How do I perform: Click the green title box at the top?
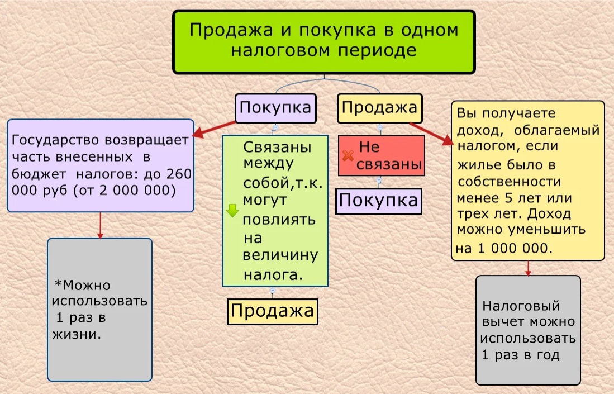tap(324, 42)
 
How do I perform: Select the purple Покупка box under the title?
tap(275, 108)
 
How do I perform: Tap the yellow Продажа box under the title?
tap(379, 108)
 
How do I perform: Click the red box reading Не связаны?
tap(382, 155)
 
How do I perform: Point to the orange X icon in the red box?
tap(348, 155)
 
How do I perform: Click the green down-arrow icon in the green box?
tap(232, 210)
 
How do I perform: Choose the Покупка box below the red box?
tap(379, 201)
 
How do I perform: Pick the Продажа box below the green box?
tap(273, 312)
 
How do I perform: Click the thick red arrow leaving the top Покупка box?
tap(214, 129)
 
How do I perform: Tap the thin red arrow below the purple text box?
tap(100, 225)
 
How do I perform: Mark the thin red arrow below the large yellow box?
tap(528, 268)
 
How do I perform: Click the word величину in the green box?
tap(280, 255)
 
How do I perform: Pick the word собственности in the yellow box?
tap(509, 182)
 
